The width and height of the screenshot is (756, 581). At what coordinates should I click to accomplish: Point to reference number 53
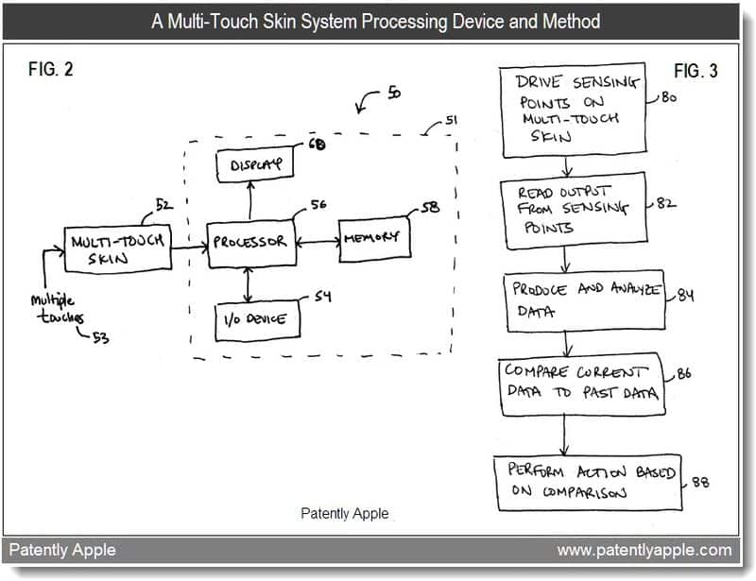click(x=100, y=337)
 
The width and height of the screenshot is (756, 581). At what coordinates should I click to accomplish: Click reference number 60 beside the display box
click(x=317, y=144)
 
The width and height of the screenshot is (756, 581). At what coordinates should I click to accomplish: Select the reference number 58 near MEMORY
click(x=430, y=207)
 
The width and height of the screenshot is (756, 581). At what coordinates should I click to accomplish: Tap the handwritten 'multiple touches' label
click(x=58, y=309)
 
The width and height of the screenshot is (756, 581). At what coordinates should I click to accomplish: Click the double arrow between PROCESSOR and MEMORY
click(x=318, y=241)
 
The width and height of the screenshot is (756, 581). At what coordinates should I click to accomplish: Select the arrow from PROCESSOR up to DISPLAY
click(x=250, y=200)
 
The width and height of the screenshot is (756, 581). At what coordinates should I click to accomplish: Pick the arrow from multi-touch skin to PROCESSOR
click(x=190, y=248)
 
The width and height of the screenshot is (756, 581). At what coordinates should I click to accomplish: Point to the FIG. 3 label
click(x=696, y=72)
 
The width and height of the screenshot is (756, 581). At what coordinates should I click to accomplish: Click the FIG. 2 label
click(x=51, y=69)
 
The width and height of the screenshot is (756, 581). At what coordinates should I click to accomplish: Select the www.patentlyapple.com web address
click(x=644, y=550)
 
